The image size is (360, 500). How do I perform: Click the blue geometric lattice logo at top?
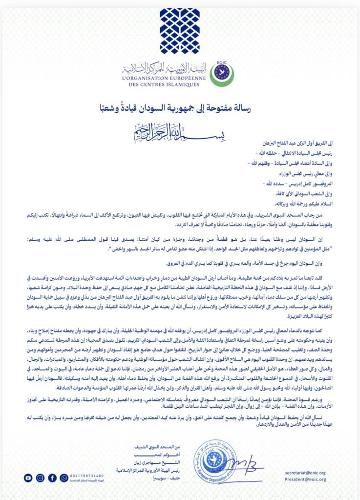click(x=179, y=31)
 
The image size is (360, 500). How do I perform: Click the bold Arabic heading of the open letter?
click(x=179, y=104)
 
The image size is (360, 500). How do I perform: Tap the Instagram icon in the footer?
click(x=40, y=478)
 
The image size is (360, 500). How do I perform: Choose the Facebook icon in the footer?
click(x=52, y=478)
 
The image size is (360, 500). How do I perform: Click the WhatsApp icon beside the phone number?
click(x=64, y=478)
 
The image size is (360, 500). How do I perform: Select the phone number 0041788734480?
click(x=87, y=475)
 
